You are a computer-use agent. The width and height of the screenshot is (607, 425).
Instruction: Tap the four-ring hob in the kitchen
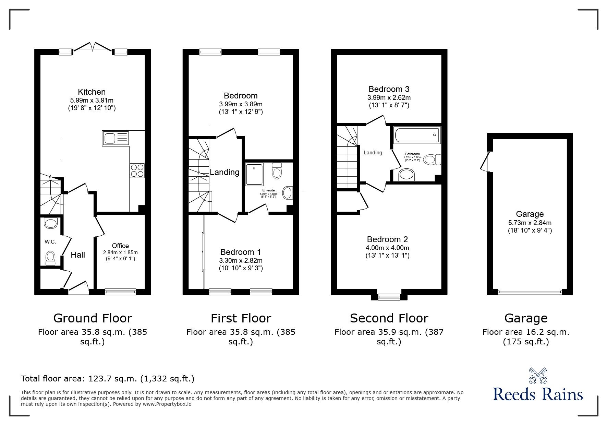137,170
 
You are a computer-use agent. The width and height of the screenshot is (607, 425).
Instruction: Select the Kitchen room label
92,92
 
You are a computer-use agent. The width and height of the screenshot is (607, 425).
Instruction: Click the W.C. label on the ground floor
50,242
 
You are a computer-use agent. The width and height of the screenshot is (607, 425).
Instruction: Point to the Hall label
78,255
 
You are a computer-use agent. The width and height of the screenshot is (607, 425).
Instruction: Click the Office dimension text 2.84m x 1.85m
120,252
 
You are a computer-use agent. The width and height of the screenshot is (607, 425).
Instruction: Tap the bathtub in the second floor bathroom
417,135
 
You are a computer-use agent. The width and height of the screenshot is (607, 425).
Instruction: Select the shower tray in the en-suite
255,175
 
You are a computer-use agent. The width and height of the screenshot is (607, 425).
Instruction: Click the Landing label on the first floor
224,172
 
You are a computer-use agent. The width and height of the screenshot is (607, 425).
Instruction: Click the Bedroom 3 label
389,89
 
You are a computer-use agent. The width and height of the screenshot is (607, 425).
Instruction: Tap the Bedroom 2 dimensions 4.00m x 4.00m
388,248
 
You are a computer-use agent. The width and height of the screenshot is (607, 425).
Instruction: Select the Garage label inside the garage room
530,214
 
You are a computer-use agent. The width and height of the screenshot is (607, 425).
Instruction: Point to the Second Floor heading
389,318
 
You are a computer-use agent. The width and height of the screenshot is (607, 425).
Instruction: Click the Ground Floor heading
93,318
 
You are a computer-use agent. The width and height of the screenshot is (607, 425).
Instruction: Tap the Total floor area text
108,379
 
